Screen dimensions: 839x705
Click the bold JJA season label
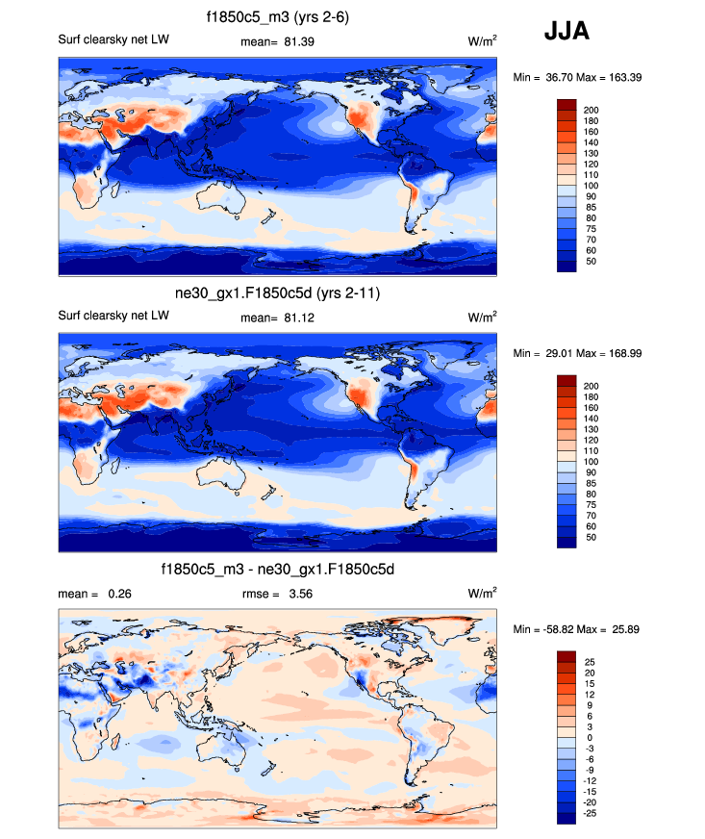click(567, 32)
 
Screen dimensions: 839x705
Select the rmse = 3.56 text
click(277, 595)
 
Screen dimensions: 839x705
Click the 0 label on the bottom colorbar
click(587, 737)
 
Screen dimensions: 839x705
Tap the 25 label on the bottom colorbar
click(591, 662)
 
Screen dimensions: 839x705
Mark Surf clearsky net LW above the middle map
click(114, 317)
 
